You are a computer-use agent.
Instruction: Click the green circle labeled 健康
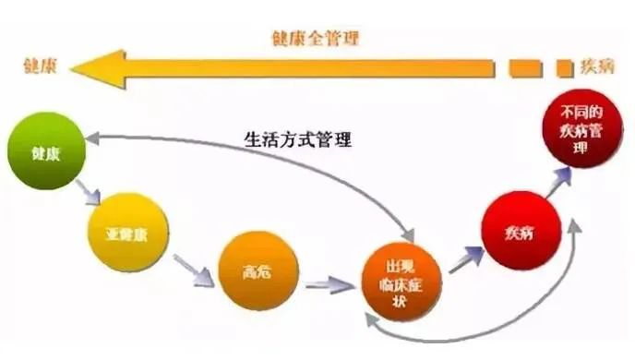coord(47,150)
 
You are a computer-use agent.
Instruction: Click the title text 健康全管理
coord(315,38)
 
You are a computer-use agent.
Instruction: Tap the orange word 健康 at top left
coord(40,66)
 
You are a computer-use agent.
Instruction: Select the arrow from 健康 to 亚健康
coord(90,193)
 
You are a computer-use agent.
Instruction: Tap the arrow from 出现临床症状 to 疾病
coord(467,258)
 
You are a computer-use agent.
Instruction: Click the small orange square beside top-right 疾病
coord(564,67)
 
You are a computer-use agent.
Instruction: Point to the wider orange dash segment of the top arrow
coord(523,67)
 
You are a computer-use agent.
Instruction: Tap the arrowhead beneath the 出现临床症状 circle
coord(372,317)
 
